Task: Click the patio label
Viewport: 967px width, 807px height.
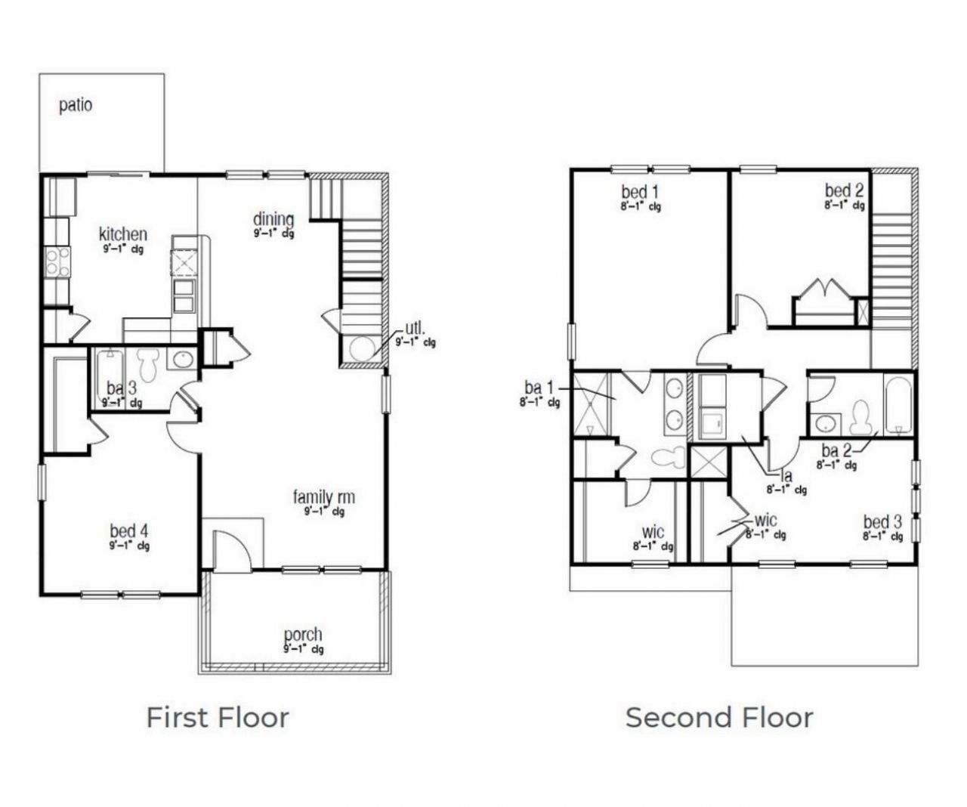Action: [76, 105]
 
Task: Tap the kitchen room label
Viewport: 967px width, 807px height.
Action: [123, 234]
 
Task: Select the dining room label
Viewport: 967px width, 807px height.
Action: [273, 219]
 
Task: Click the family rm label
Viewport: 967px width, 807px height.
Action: [323, 497]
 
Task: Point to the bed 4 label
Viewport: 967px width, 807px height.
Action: [128, 531]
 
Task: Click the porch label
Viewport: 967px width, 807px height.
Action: [303, 635]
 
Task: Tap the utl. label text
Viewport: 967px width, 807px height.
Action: [416, 329]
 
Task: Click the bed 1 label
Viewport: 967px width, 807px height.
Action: [640, 191]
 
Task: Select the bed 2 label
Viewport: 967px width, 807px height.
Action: [844, 190]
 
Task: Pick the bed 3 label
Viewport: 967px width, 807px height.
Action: [882, 522]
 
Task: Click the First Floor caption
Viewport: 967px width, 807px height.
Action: [218, 717]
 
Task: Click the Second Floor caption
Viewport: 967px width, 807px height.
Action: [719, 717]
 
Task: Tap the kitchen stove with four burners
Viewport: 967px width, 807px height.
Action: [57, 263]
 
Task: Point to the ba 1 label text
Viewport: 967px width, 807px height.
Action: [539, 388]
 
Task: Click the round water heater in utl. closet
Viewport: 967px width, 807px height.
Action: [363, 348]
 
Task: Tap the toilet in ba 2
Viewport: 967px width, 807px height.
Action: [860, 416]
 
